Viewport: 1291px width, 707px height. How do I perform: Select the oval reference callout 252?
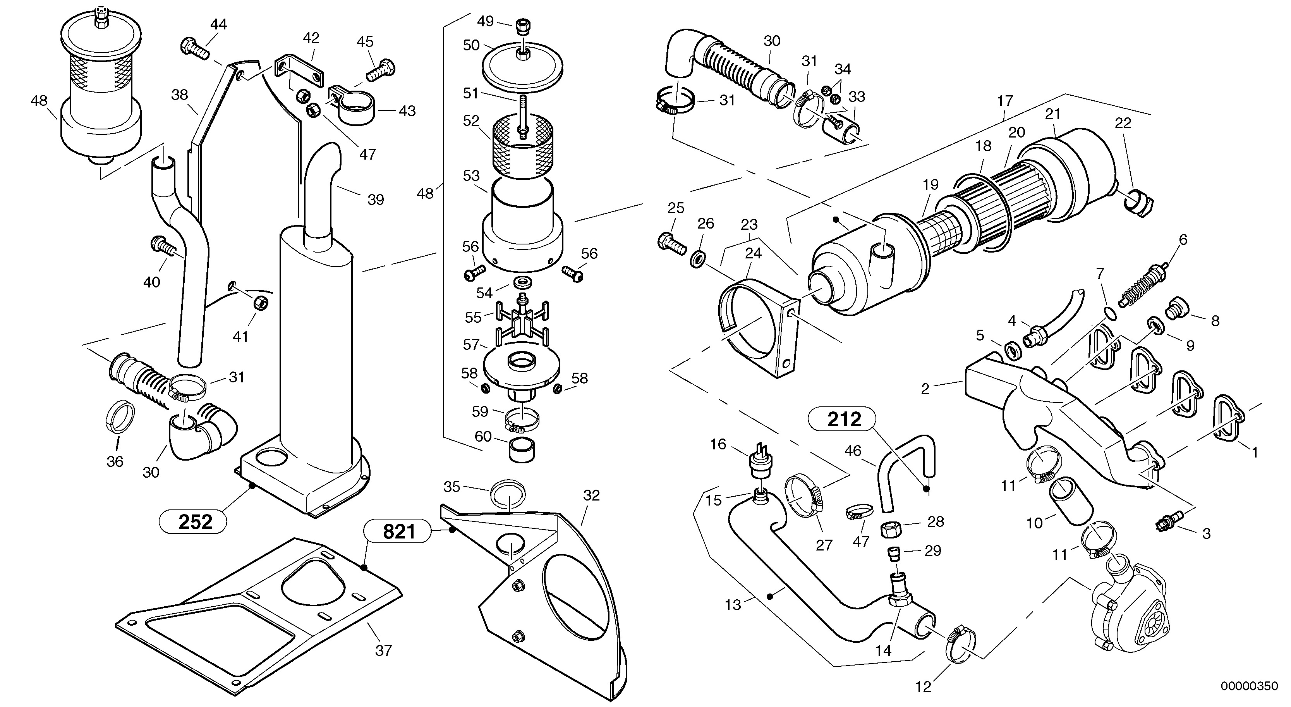click(x=195, y=522)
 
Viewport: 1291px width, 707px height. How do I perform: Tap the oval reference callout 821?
click(x=398, y=532)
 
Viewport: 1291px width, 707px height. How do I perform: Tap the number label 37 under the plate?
click(x=383, y=651)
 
